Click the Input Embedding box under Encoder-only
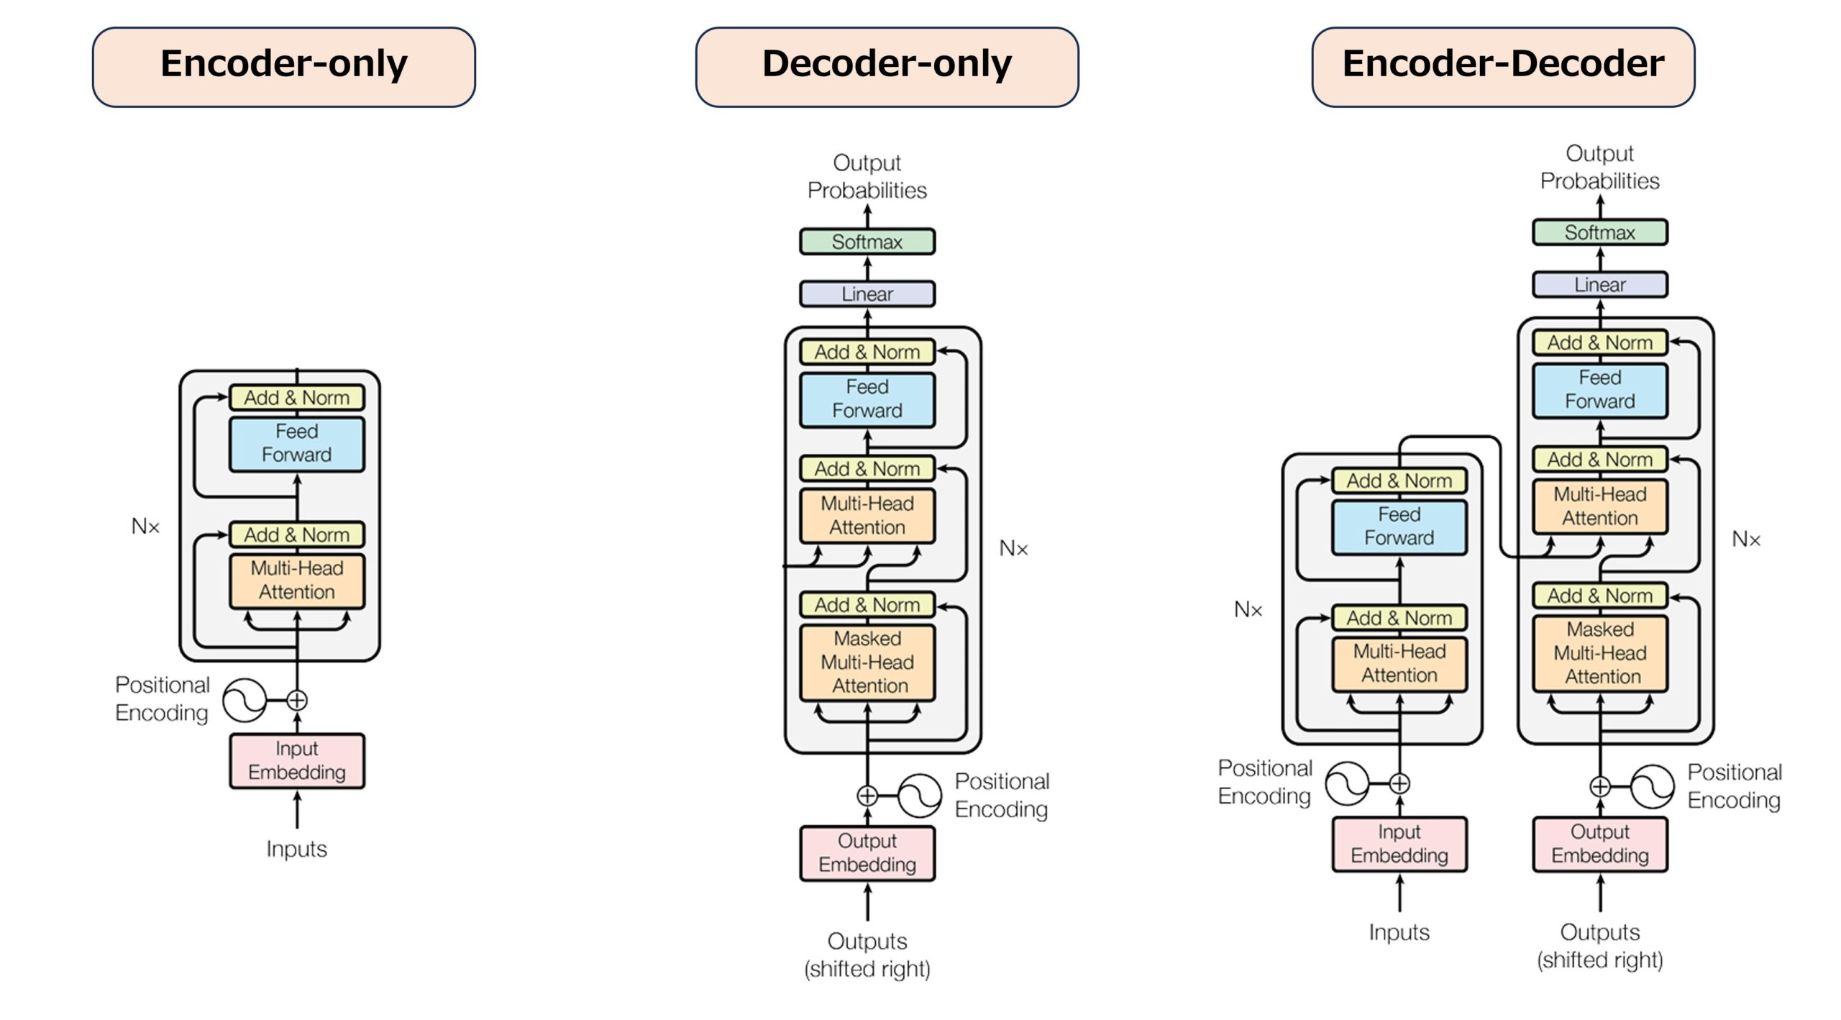[296, 760]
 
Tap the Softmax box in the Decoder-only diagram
[867, 242]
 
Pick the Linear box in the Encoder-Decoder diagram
[1599, 285]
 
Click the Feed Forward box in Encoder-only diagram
[296, 444]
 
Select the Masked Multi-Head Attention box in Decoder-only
[867, 662]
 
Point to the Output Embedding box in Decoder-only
[867, 853]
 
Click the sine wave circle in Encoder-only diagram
[244, 700]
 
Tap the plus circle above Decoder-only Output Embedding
[867, 796]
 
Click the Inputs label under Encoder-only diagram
[296, 849]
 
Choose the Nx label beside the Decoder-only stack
[1013, 549]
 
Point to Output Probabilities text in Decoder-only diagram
[867, 176]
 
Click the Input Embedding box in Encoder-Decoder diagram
[1399, 844]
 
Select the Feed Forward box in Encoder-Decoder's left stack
[1399, 527]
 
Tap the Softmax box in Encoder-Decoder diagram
[1599, 232]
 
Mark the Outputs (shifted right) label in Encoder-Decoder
[1599, 945]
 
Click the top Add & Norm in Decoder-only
[867, 352]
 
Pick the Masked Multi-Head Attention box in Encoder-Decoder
[1599, 653]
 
